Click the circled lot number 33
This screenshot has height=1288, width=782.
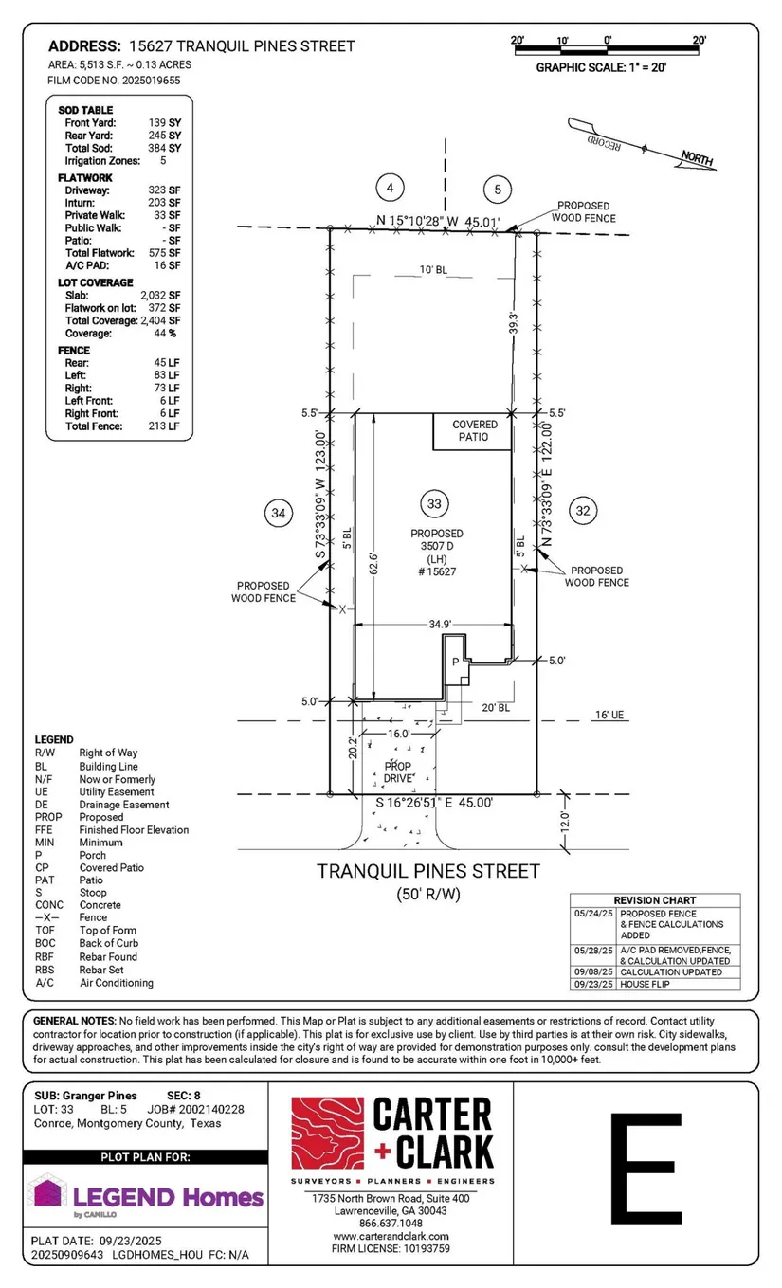pyautogui.click(x=434, y=503)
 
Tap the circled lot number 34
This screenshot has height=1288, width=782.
pyautogui.click(x=279, y=513)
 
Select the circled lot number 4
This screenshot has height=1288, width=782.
pyautogui.click(x=390, y=188)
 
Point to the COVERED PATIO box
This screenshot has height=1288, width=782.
pyautogui.click(x=472, y=431)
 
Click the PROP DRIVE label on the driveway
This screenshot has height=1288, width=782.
pyautogui.click(x=398, y=772)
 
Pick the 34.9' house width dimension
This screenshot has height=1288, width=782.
pyautogui.click(x=440, y=624)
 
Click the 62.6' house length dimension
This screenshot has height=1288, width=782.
pyautogui.click(x=373, y=564)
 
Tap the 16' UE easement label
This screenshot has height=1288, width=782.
pyautogui.click(x=609, y=715)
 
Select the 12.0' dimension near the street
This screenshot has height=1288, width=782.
pyautogui.click(x=565, y=822)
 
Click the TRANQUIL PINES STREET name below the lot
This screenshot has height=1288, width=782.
pyautogui.click(x=428, y=871)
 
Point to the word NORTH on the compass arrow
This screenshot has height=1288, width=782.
pyautogui.click(x=697, y=157)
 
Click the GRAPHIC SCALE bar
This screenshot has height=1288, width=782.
pyautogui.click(x=607, y=50)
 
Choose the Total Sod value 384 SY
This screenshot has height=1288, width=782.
pyautogui.click(x=164, y=148)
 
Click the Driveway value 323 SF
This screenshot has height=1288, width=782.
pyautogui.click(x=164, y=190)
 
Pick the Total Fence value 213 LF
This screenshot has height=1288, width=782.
pyautogui.click(x=164, y=426)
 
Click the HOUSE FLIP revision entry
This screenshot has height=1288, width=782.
pyautogui.click(x=645, y=984)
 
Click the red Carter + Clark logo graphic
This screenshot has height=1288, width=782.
pyautogui.click(x=327, y=1133)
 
